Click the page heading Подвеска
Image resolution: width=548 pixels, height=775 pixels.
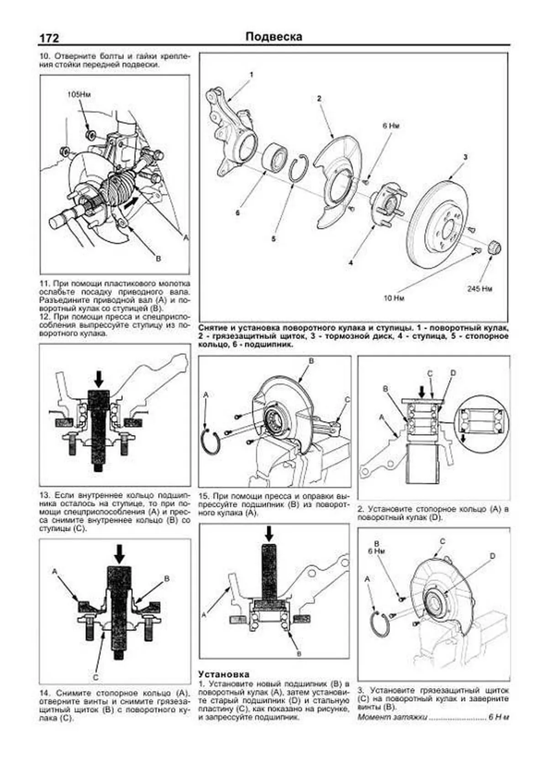pyautogui.click(x=274, y=37)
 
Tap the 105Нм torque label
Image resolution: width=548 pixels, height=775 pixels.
pyautogui.click(x=79, y=95)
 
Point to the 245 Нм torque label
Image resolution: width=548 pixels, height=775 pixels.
pyautogui.click(x=480, y=289)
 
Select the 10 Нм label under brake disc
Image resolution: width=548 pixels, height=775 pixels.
pyautogui.click(x=394, y=298)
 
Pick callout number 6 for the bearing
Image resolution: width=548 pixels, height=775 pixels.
pyautogui.click(x=237, y=213)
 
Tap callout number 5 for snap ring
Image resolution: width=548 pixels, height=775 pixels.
pyautogui.click(x=274, y=238)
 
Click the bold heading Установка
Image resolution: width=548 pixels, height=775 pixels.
pyautogui.click(x=224, y=674)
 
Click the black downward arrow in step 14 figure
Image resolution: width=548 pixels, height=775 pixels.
pyautogui.click(x=119, y=554)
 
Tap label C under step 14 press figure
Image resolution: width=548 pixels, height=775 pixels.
pyautogui.click(x=95, y=677)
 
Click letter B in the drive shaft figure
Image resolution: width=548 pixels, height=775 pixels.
pyautogui.click(x=158, y=259)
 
